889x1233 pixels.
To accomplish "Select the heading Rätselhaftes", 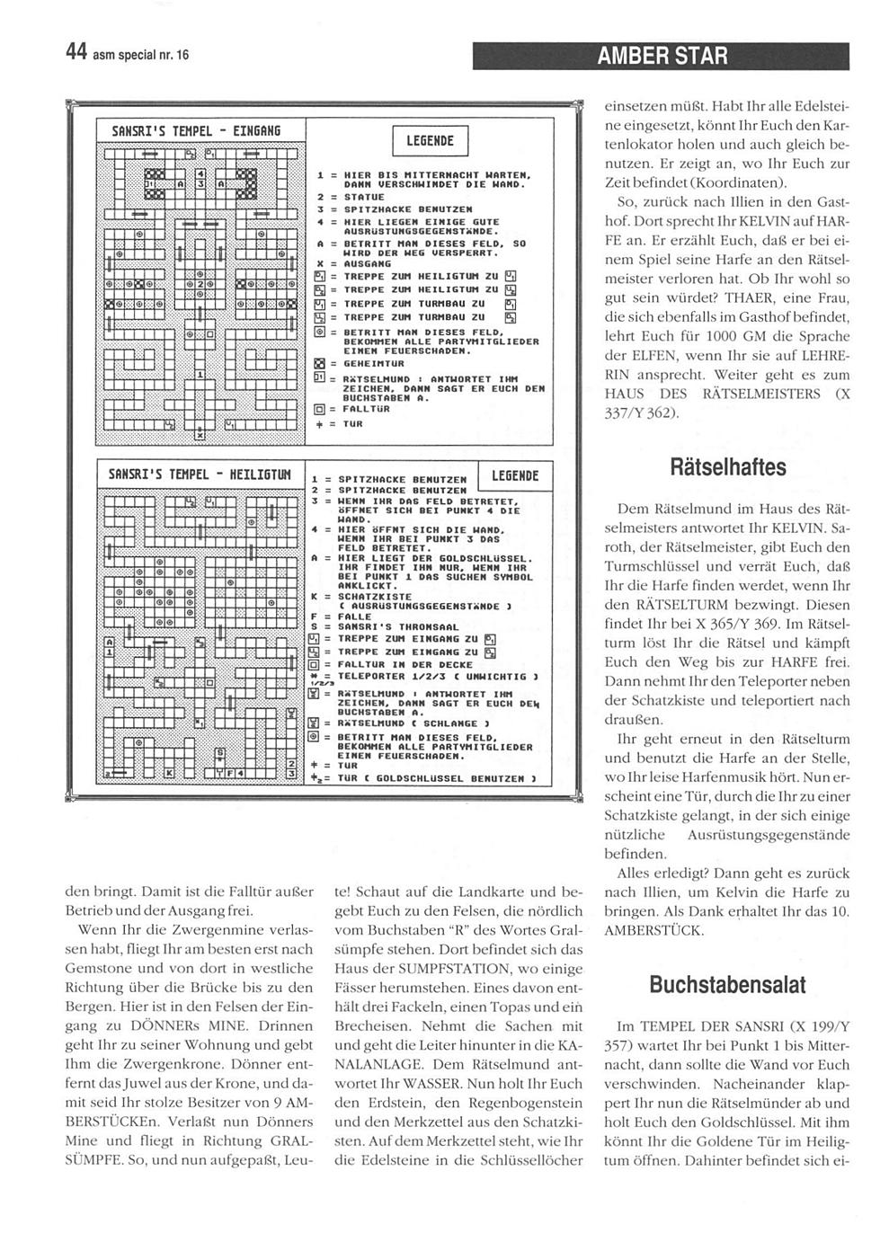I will click(x=728, y=467).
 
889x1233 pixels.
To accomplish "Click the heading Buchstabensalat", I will click(x=728, y=984).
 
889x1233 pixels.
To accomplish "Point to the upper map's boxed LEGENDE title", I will click(x=431, y=141).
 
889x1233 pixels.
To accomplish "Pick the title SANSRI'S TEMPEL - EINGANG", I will click(x=197, y=131).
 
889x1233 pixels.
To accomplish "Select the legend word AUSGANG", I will click(x=353, y=264).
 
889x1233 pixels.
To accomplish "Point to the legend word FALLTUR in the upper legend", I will click(x=357, y=408).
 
